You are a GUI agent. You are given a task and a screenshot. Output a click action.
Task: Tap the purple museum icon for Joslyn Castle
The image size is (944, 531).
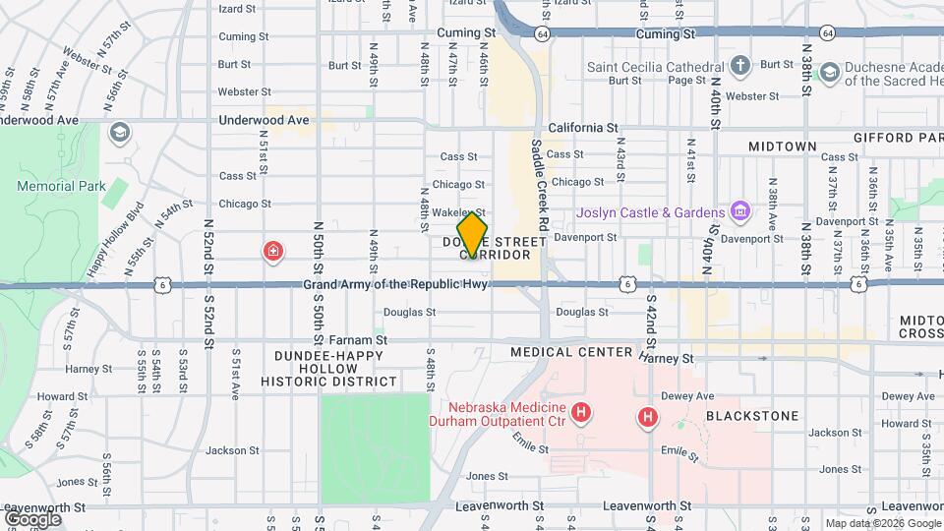740,211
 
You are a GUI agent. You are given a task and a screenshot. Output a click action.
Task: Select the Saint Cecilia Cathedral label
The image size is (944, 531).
655,67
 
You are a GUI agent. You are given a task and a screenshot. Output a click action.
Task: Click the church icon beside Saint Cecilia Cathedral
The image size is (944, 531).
740,67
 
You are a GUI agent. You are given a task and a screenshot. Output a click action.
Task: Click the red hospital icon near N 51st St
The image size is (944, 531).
271,252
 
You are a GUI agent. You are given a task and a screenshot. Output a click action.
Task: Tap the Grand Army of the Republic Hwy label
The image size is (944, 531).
395,285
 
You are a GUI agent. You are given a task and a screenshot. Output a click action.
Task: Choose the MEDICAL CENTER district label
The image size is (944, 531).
570,352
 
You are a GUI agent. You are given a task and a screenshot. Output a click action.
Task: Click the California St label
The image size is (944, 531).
582,128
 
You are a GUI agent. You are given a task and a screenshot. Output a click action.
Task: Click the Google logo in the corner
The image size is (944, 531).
32,518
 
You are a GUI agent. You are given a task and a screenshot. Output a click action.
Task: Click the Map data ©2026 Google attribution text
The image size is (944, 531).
882,523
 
